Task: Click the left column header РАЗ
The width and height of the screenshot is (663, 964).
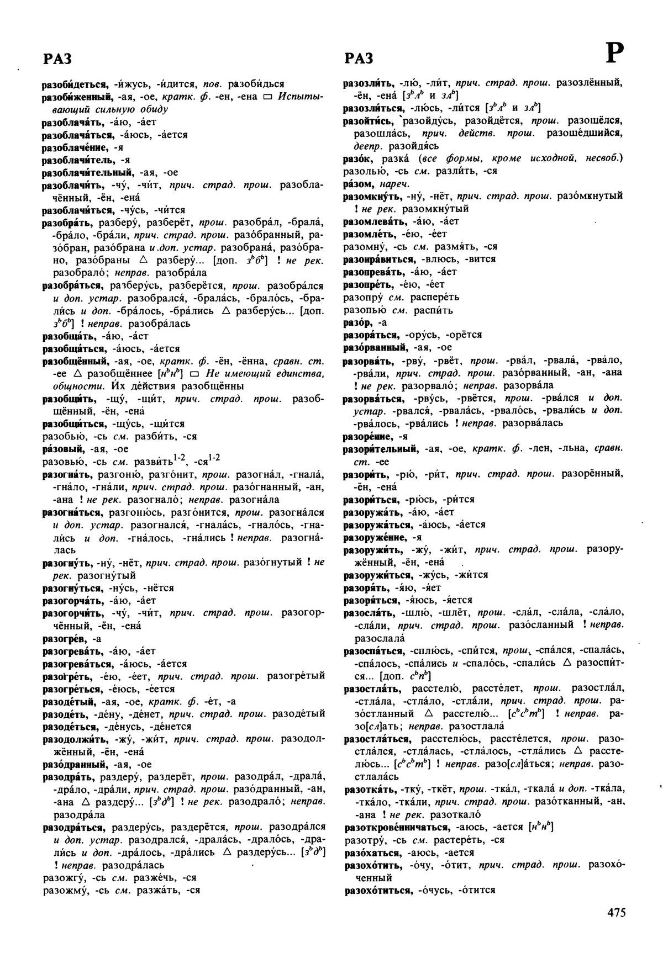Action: [x=57, y=59]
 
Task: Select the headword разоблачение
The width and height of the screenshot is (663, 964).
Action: [x=75, y=147]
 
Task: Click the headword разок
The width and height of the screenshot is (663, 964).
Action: [x=355, y=158]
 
